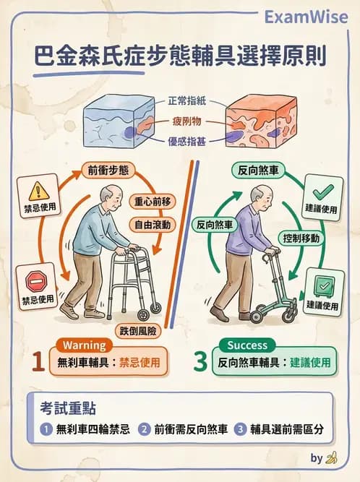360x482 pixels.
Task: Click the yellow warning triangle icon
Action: click(38, 191)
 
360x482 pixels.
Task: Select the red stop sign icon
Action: click(35, 280)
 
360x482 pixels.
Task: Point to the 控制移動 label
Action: click(302, 238)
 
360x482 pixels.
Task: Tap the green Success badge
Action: click(247, 345)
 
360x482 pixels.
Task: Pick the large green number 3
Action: click(200, 361)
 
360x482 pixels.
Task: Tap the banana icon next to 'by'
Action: click(332, 457)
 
